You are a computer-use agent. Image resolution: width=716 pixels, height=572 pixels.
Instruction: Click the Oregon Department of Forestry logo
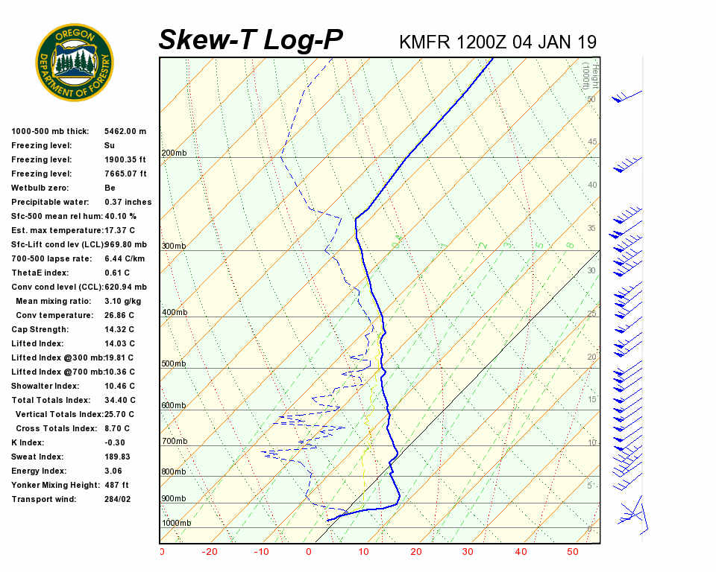click(x=75, y=63)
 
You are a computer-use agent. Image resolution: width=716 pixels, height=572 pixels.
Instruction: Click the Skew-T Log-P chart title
click(x=251, y=40)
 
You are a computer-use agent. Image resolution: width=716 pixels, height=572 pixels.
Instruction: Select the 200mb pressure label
click(x=174, y=153)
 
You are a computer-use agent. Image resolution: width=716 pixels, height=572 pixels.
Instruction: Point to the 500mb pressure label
click(x=174, y=364)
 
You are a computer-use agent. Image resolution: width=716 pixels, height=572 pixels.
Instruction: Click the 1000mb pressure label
click(x=177, y=523)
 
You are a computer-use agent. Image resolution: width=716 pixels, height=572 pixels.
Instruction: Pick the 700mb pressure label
click(x=174, y=442)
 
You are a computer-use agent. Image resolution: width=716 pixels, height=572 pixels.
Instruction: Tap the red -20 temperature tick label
click(x=210, y=552)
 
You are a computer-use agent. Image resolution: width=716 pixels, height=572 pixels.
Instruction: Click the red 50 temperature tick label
click(x=572, y=552)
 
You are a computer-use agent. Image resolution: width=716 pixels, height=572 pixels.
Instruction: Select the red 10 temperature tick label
click(x=363, y=552)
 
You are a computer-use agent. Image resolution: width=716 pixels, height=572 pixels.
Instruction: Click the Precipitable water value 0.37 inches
click(x=128, y=202)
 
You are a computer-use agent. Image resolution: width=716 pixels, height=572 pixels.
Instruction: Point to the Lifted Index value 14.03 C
click(x=119, y=343)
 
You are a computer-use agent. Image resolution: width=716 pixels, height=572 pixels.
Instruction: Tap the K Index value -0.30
click(x=115, y=442)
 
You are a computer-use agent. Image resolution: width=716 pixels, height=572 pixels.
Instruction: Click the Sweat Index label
click(x=37, y=457)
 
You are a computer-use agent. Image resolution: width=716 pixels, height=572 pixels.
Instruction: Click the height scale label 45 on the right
click(x=592, y=142)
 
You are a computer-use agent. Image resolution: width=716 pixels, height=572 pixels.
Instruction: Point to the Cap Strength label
click(x=40, y=329)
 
